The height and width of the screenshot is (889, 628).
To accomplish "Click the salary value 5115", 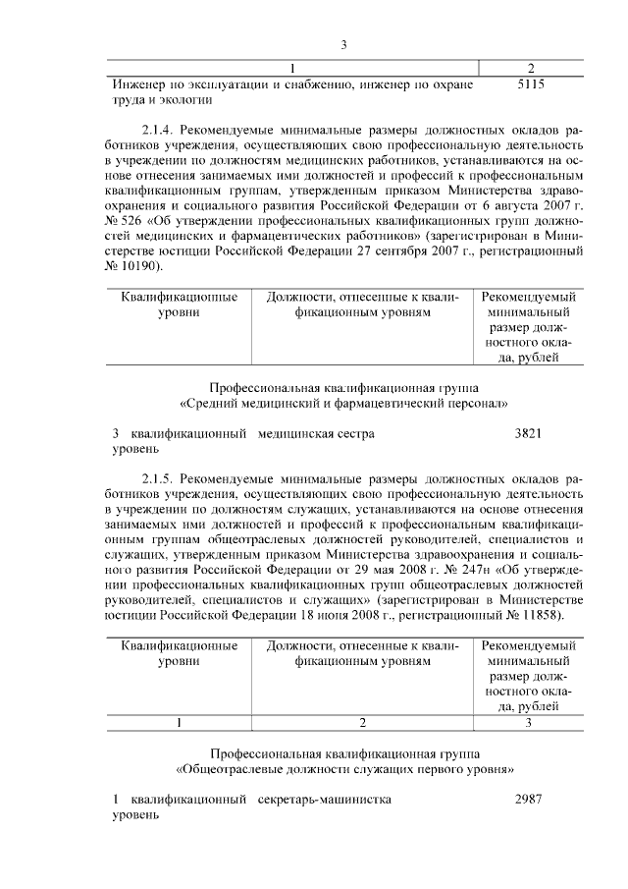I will point(530,84).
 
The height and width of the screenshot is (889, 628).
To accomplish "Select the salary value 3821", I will point(529,433).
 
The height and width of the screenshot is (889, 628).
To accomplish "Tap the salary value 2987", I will point(529,800).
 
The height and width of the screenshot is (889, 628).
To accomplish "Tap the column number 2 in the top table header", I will point(530,68).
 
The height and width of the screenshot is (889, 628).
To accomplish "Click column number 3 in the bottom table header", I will point(529,723).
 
